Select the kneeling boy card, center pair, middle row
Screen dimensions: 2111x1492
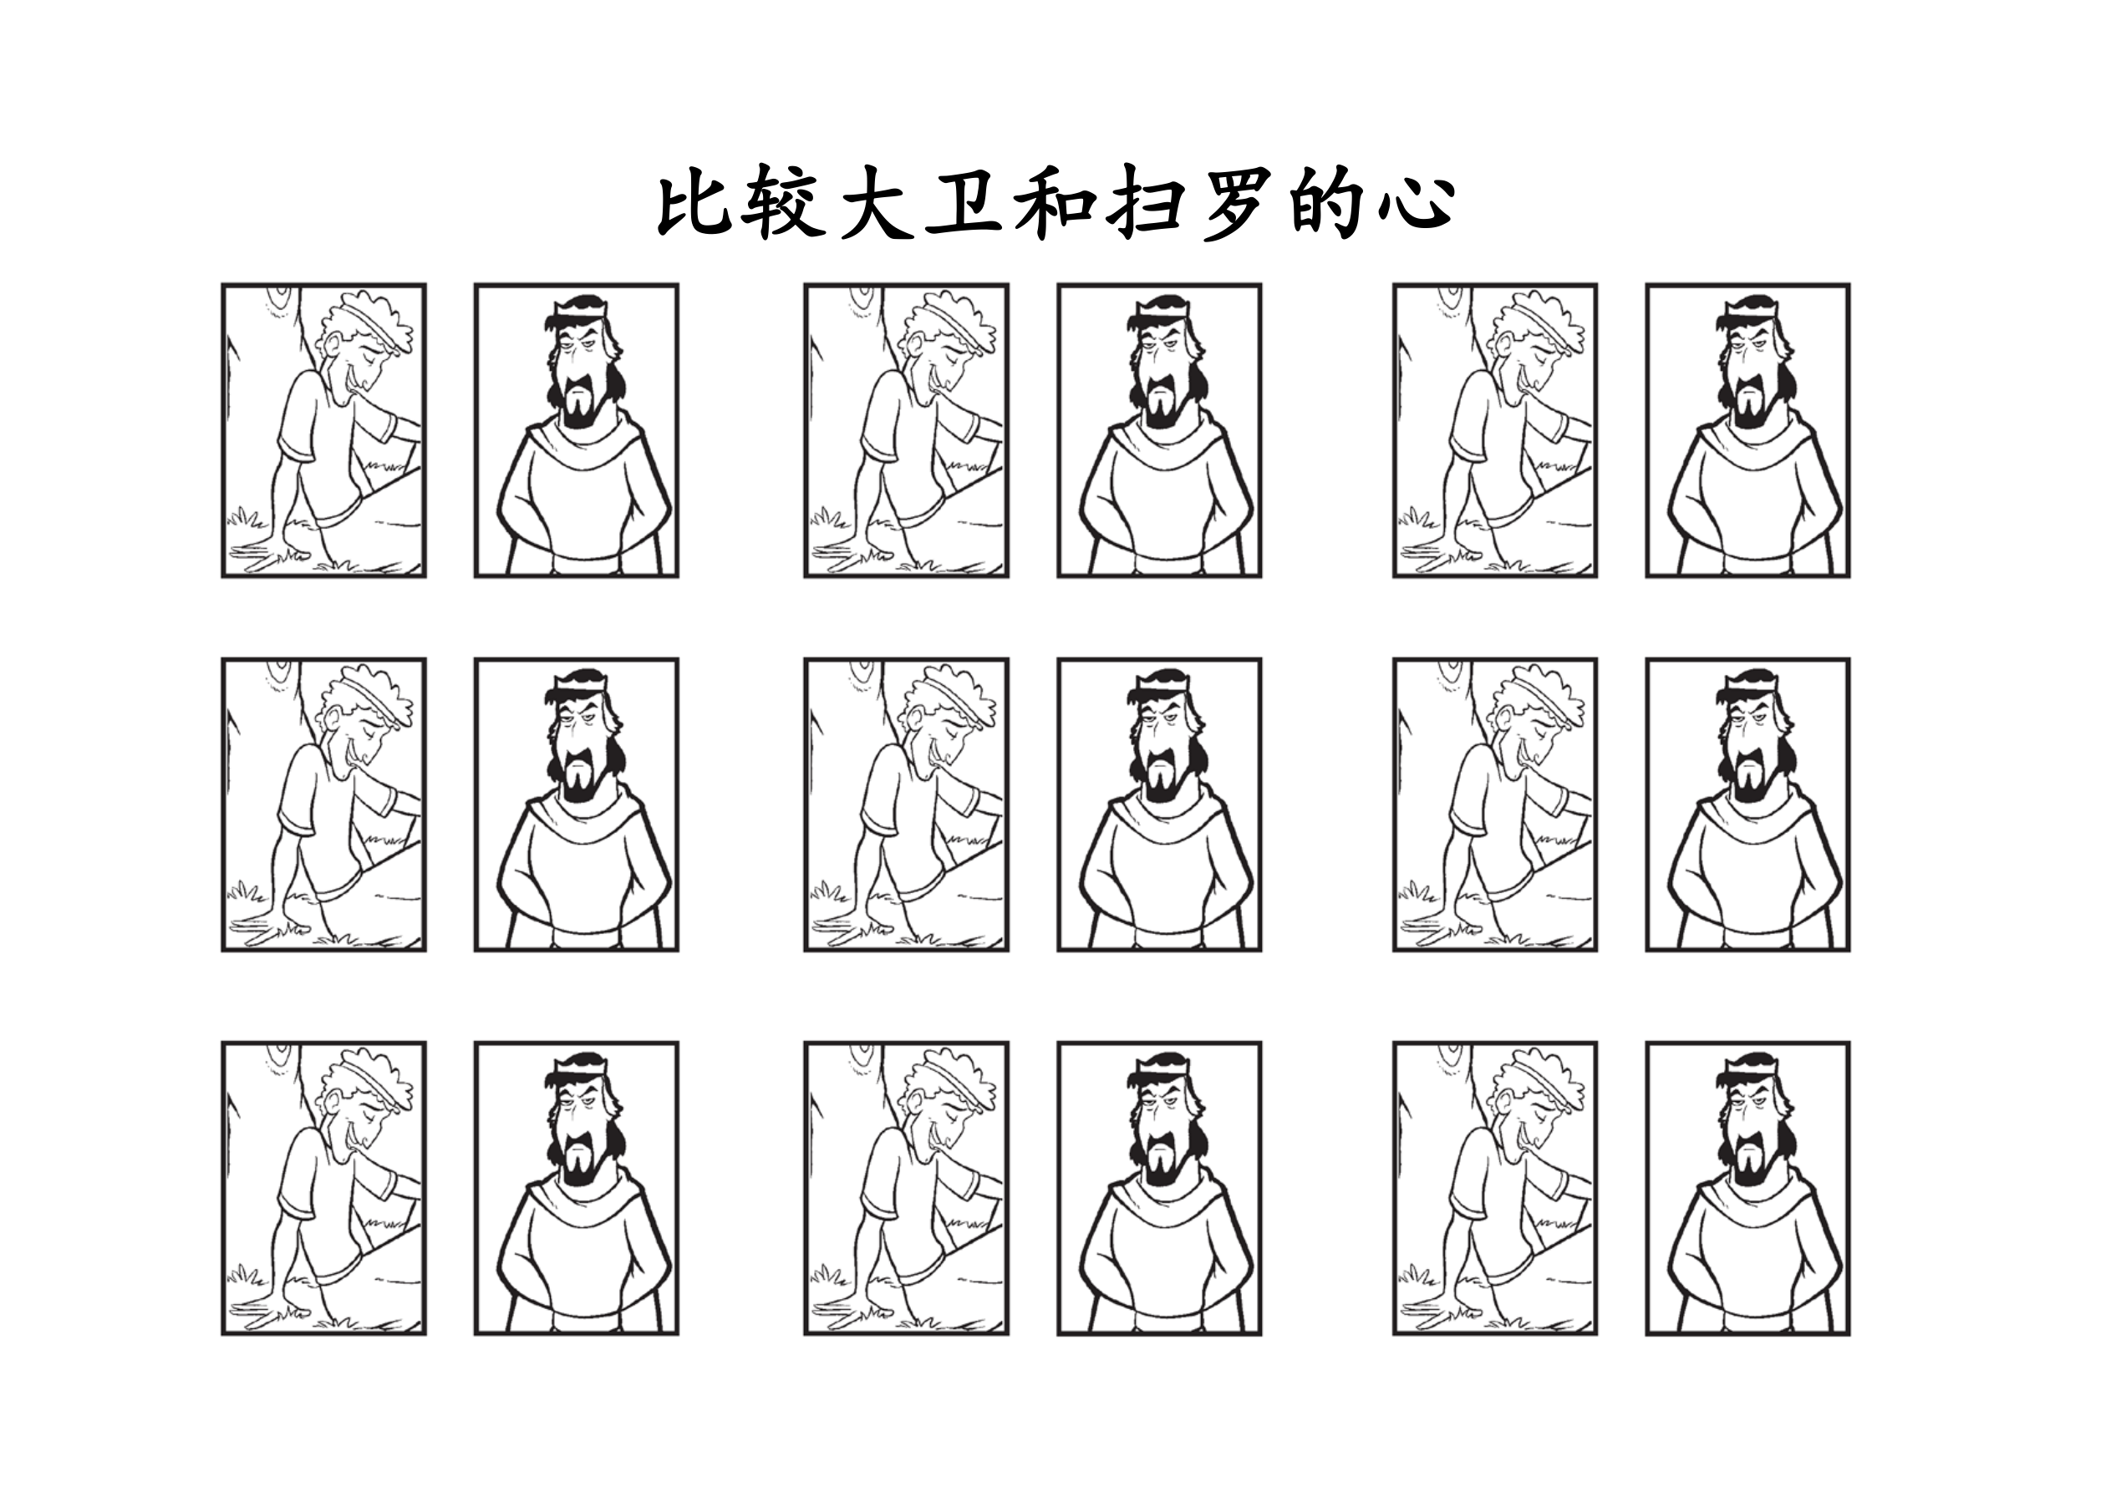click(x=907, y=804)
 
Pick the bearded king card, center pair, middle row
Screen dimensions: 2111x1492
click(x=1159, y=804)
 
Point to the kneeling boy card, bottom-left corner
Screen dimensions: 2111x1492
click(x=323, y=1188)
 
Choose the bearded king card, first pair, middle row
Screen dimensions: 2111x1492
click(x=577, y=804)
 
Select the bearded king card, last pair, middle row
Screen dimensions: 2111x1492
click(x=1747, y=804)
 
